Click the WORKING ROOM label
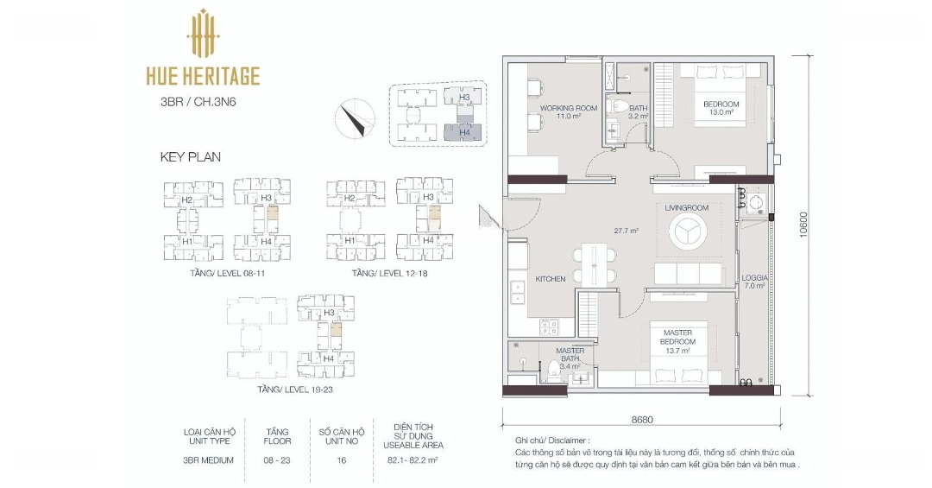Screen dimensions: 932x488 pyautogui.click(x=568, y=108)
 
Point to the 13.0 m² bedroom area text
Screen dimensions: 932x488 pyautogui.click(x=721, y=112)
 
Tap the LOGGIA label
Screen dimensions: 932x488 pyautogui.click(x=754, y=278)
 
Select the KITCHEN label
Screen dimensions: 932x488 pyautogui.click(x=551, y=278)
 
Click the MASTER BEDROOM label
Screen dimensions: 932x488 pyautogui.click(x=677, y=338)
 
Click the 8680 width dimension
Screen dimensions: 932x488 pyautogui.click(x=642, y=420)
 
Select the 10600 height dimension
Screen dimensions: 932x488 pyautogui.click(x=803, y=225)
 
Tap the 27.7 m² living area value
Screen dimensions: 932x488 pyautogui.click(x=626, y=231)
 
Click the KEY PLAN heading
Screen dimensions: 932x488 pyautogui.click(x=190, y=157)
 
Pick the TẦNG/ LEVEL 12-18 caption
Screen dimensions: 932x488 pyautogui.click(x=389, y=274)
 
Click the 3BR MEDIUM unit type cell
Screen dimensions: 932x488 pyautogui.click(x=208, y=460)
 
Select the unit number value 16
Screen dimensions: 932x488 pyautogui.click(x=341, y=460)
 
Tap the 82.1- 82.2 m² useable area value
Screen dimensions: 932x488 pyautogui.click(x=412, y=460)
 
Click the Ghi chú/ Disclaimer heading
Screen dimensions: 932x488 pyautogui.click(x=553, y=441)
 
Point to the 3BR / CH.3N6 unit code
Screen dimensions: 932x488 pyautogui.click(x=198, y=102)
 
